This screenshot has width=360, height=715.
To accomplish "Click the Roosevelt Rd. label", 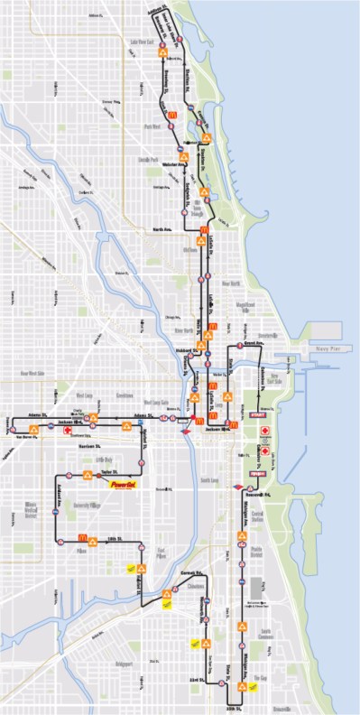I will coord(258,494).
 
